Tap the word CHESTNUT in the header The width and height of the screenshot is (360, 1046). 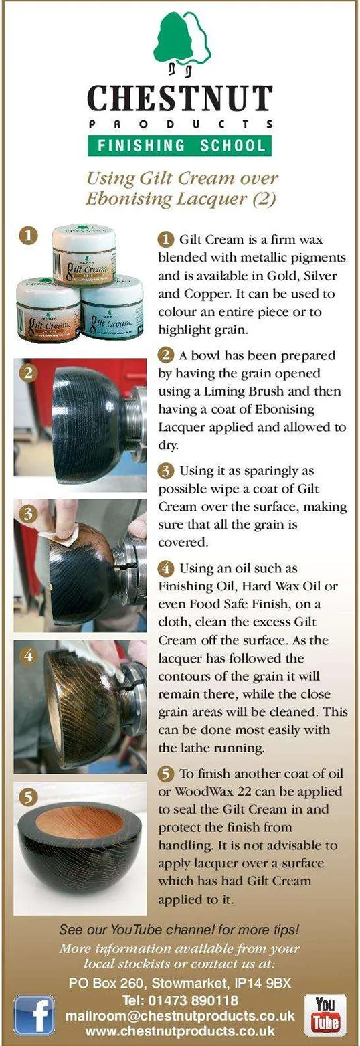180,98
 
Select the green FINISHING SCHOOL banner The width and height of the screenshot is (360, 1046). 180,145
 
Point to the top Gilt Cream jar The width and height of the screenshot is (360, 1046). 84,255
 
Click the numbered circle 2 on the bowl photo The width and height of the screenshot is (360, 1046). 29,373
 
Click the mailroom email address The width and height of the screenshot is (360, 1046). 180,1016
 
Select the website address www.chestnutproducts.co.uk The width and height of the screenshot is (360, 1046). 180,1031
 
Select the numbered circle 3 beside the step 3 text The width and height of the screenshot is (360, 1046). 166,470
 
